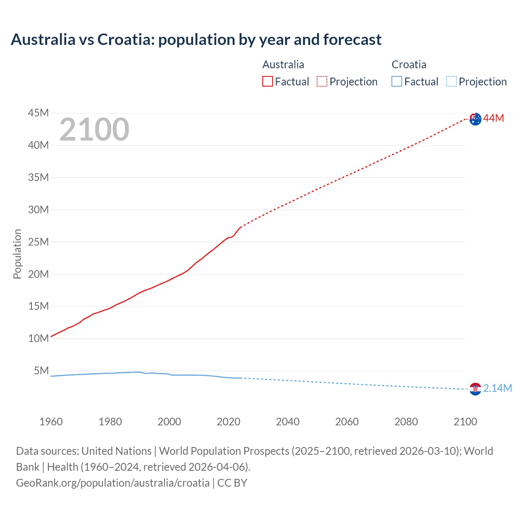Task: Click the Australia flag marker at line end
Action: (x=475, y=119)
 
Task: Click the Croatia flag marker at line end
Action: (x=475, y=389)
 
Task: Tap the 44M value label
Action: (x=494, y=118)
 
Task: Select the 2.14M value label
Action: (x=497, y=388)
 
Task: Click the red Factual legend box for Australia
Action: (x=268, y=81)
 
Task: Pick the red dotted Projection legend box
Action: (x=322, y=81)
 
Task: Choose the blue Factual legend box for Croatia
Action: (x=397, y=81)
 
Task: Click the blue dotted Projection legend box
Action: (x=451, y=81)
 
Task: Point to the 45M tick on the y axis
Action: (x=38, y=113)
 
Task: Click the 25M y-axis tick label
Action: (x=38, y=242)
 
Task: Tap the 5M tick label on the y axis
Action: (x=41, y=371)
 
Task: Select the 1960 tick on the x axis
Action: (x=51, y=422)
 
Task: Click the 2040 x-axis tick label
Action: (x=288, y=422)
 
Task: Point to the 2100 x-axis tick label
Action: (x=465, y=422)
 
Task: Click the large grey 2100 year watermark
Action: (x=94, y=130)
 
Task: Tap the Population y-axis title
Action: (x=17, y=254)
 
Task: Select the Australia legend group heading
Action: (x=283, y=65)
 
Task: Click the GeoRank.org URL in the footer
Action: (x=113, y=483)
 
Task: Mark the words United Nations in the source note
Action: (x=116, y=451)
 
